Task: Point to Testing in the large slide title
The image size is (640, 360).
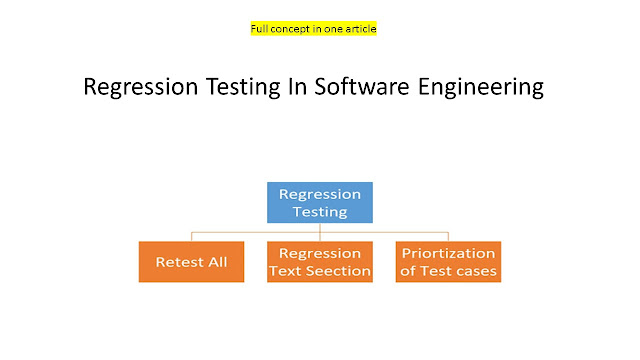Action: tap(256, 88)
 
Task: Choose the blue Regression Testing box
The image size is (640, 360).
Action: tap(320, 202)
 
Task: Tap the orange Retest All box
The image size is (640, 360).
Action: tap(191, 262)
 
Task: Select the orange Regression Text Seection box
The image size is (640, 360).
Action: tap(320, 262)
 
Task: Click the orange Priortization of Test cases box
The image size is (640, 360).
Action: tap(448, 262)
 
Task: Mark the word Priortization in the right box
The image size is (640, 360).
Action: tap(448, 253)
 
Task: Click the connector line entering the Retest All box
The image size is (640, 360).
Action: tap(191, 237)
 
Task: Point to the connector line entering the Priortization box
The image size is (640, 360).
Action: tap(448, 237)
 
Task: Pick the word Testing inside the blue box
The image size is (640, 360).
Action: tap(320, 211)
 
